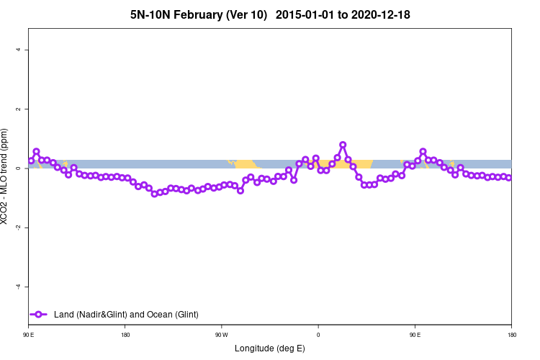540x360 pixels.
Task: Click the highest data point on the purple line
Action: pos(343,145)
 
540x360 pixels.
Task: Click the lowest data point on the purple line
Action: pos(154,194)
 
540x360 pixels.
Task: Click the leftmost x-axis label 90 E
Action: pos(29,335)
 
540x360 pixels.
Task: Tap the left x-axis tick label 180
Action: pos(125,335)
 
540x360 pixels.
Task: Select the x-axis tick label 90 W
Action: pos(222,335)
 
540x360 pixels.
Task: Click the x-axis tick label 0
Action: pos(318,335)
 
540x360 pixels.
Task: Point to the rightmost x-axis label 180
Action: pos(511,335)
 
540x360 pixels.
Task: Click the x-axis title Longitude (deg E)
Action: pos(270,348)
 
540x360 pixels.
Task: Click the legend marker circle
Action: pos(40,315)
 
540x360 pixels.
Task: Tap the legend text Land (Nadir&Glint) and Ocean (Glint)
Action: pos(126,315)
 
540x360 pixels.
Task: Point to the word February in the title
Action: pos(202,14)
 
